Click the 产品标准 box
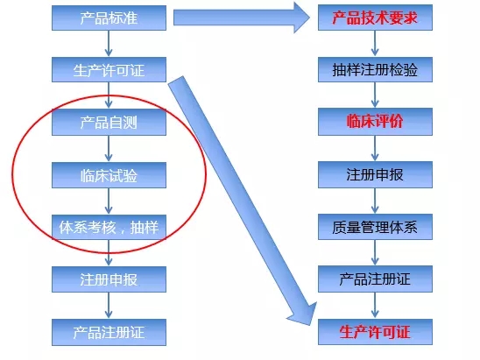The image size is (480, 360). point(109,18)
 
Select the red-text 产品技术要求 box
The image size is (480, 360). point(375,18)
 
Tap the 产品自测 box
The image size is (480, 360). point(109,122)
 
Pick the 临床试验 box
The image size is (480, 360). point(109,175)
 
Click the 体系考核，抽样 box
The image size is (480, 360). point(109,228)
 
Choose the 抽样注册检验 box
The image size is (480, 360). point(375,69)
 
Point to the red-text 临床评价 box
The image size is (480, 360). point(375,122)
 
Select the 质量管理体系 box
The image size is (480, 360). point(375,227)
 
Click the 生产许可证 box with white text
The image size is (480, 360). point(109,69)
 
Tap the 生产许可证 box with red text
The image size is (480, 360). point(375,332)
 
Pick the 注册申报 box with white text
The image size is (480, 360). point(109,279)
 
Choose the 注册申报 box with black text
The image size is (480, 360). point(375,174)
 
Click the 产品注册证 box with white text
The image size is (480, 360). point(109,332)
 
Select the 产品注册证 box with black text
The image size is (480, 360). point(375,279)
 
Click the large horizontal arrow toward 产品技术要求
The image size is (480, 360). point(242,18)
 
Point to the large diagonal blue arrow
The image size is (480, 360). point(243,201)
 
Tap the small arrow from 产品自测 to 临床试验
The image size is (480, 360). point(109,149)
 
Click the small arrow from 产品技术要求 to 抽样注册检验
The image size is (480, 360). point(375,44)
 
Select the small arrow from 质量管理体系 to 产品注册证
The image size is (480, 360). point(375,252)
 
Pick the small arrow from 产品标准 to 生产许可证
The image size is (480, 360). point(109,44)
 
